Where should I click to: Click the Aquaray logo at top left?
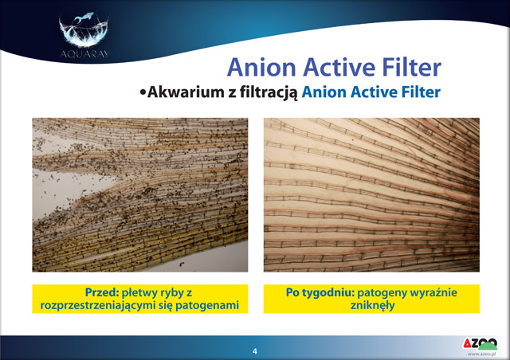(x=84, y=35)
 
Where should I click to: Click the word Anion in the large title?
(x=261, y=68)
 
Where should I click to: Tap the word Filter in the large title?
(x=411, y=68)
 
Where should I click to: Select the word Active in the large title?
(x=339, y=68)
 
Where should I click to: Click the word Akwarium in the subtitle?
(x=184, y=92)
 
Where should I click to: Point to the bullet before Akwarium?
(x=143, y=92)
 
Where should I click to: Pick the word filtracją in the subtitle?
(x=269, y=93)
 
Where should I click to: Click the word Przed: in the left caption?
(x=102, y=292)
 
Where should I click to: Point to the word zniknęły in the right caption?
(x=372, y=306)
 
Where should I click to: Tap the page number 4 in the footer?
(x=255, y=351)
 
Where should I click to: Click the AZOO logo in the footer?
(x=481, y=344)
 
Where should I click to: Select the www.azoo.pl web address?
(x=481, y=354)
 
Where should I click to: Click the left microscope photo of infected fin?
(x=140, y=195)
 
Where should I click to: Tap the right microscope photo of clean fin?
(x=371, y=195)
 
